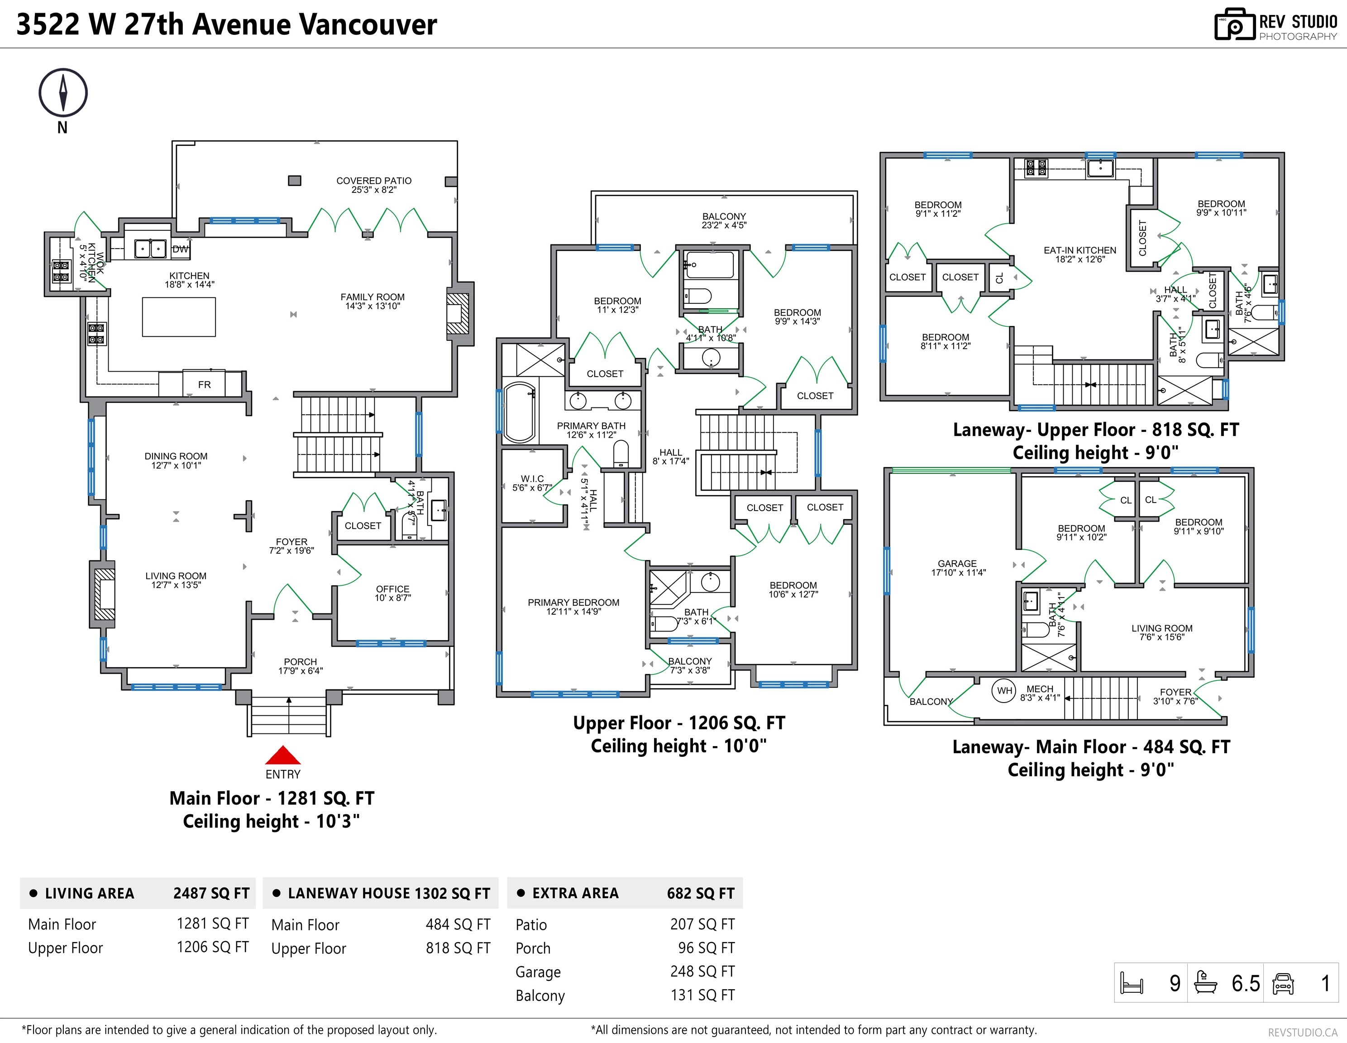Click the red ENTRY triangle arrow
pyautogui.click(x=282, y=755)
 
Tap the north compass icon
pyautogui.click(x=63, y=92)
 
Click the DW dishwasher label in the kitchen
pyautogui.click(x=180, y=249)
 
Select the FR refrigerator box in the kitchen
pyautogui.click(x=204, y=384)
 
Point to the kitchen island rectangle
pyautogui.click(x=179, y=317)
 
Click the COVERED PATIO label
pyautogui.click(x=374, y=184)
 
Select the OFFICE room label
pyautogui.click(x=392, y=593)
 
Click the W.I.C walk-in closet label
pyautogui.click(x=532, y=482)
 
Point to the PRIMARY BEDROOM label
pyautogui.click(x=573, y=606)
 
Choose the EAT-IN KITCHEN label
pyautogui.click(x=1080, y=254)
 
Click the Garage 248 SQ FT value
pyautogui.click(x=702, y=971)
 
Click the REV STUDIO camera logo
pyautogui.click(x=1234, y=25)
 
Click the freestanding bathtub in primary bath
pyautogui.click(x=519, y=412)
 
